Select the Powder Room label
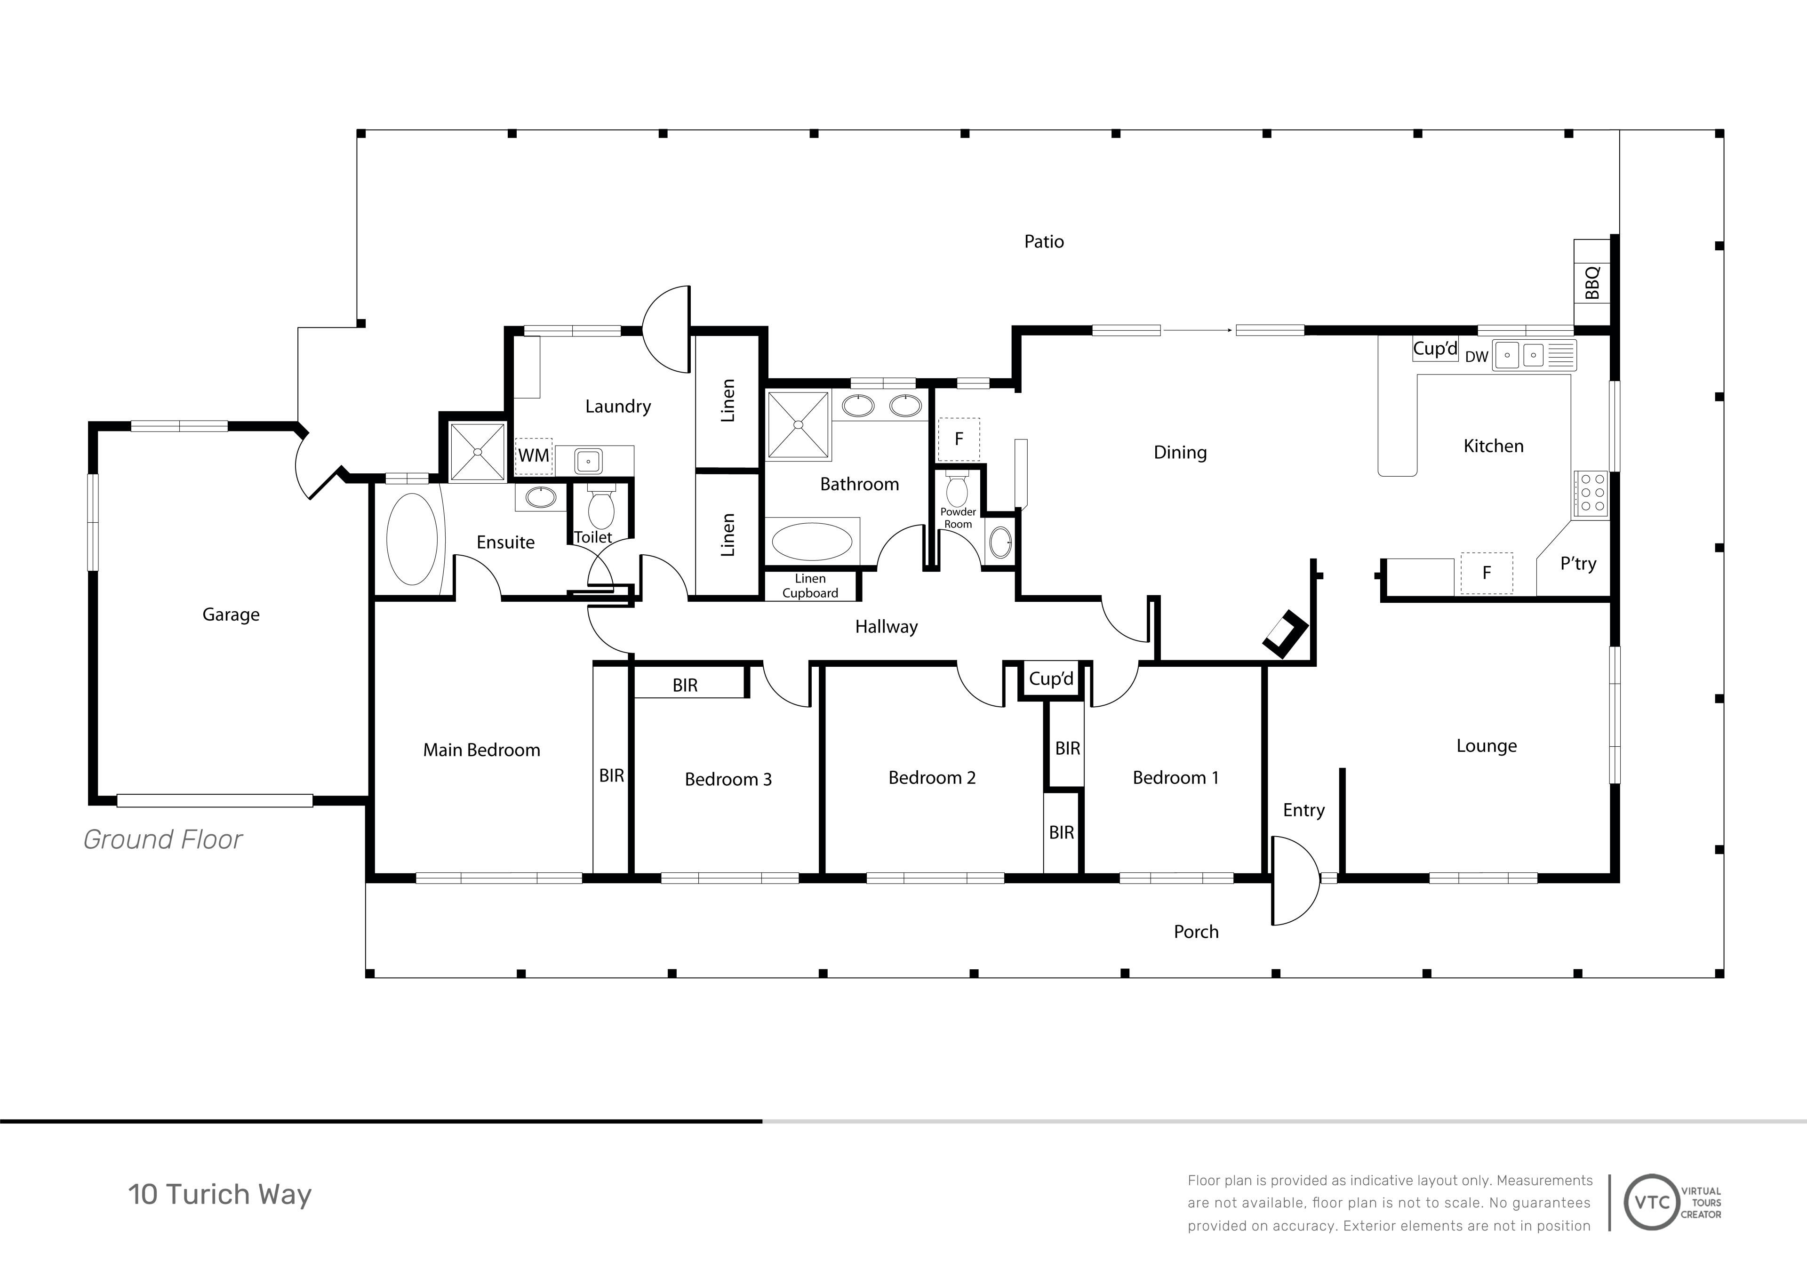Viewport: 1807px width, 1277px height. coord(958,518)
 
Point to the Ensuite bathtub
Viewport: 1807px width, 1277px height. coord(412,539)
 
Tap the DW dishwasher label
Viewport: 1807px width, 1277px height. coord(1477,357)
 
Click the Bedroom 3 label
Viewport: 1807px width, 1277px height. coord(728,779)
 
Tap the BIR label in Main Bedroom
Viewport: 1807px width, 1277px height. coord(612,776)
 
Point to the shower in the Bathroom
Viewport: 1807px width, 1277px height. coord(798,425)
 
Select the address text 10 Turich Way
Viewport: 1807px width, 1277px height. coord(220,1194)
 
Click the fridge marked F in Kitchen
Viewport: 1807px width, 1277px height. coord(1486,573)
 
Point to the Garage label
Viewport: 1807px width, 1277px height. coord(231,615)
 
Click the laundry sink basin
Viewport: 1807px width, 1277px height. coord(588,461)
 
